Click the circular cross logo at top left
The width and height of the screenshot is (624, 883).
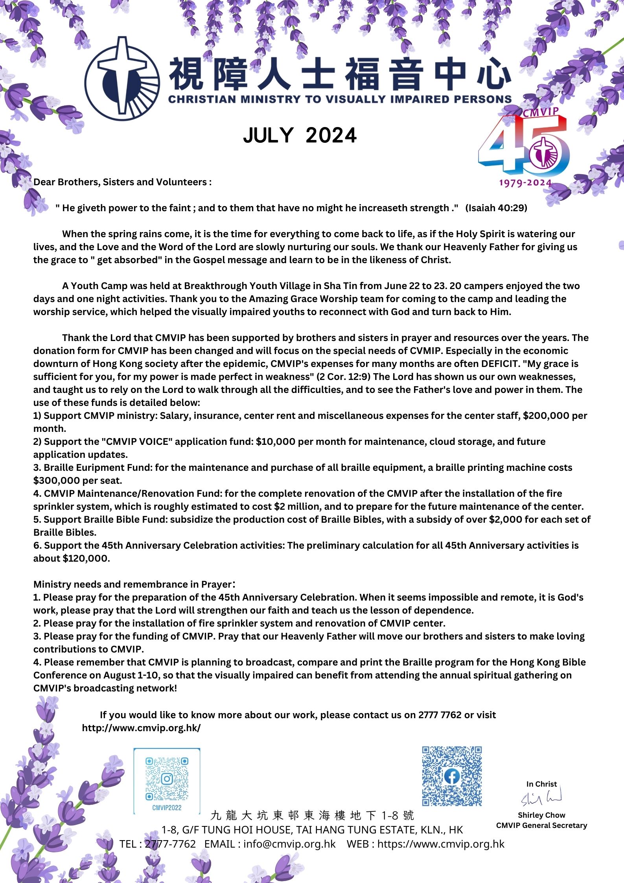point(122,78)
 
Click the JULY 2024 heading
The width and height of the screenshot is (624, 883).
point(300,136)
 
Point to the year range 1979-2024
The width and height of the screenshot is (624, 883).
point(525,183)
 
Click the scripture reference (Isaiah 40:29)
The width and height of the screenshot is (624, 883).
point(496,208)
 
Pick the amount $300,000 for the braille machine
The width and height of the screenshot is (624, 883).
point(57,481)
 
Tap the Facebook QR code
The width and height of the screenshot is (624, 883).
point(452,776)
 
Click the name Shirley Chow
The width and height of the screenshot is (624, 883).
point(541,815)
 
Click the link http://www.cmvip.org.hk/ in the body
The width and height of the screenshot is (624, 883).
point(141,728)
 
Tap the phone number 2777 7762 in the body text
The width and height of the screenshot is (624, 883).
point(440,715)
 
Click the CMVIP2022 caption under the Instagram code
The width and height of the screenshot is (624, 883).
point(167,807)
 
